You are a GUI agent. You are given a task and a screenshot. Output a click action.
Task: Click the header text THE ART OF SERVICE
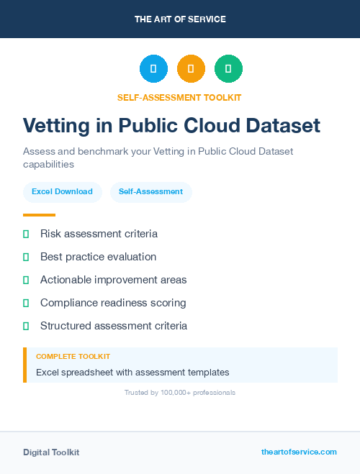(180, 19)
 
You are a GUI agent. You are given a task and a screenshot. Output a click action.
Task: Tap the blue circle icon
(153, 69)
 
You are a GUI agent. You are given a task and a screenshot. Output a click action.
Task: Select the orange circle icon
(191, 69)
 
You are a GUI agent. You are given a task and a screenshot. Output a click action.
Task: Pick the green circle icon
(228, 69)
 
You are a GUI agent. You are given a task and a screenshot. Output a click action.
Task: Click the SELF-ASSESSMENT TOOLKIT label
(180, 97)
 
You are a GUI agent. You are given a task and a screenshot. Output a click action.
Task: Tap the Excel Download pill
(62, 192)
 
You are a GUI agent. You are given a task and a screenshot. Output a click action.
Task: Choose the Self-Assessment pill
(150, 192)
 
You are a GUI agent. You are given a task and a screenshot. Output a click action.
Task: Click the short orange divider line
(39, 215)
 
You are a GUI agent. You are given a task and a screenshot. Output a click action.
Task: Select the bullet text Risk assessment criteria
(99, 234)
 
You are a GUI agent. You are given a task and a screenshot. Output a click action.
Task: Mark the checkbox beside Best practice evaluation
(26, 257)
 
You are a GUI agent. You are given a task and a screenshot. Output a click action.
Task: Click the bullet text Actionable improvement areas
(113, 280)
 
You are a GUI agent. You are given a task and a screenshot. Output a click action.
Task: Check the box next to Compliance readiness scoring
(26, 303)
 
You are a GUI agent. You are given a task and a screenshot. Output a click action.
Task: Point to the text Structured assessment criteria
(114, 326)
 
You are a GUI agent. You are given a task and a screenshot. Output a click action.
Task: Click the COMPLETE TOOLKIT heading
(73, 357)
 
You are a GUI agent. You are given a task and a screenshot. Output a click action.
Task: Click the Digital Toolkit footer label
(51, 452)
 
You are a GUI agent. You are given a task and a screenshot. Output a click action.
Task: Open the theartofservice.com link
(299, 452)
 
